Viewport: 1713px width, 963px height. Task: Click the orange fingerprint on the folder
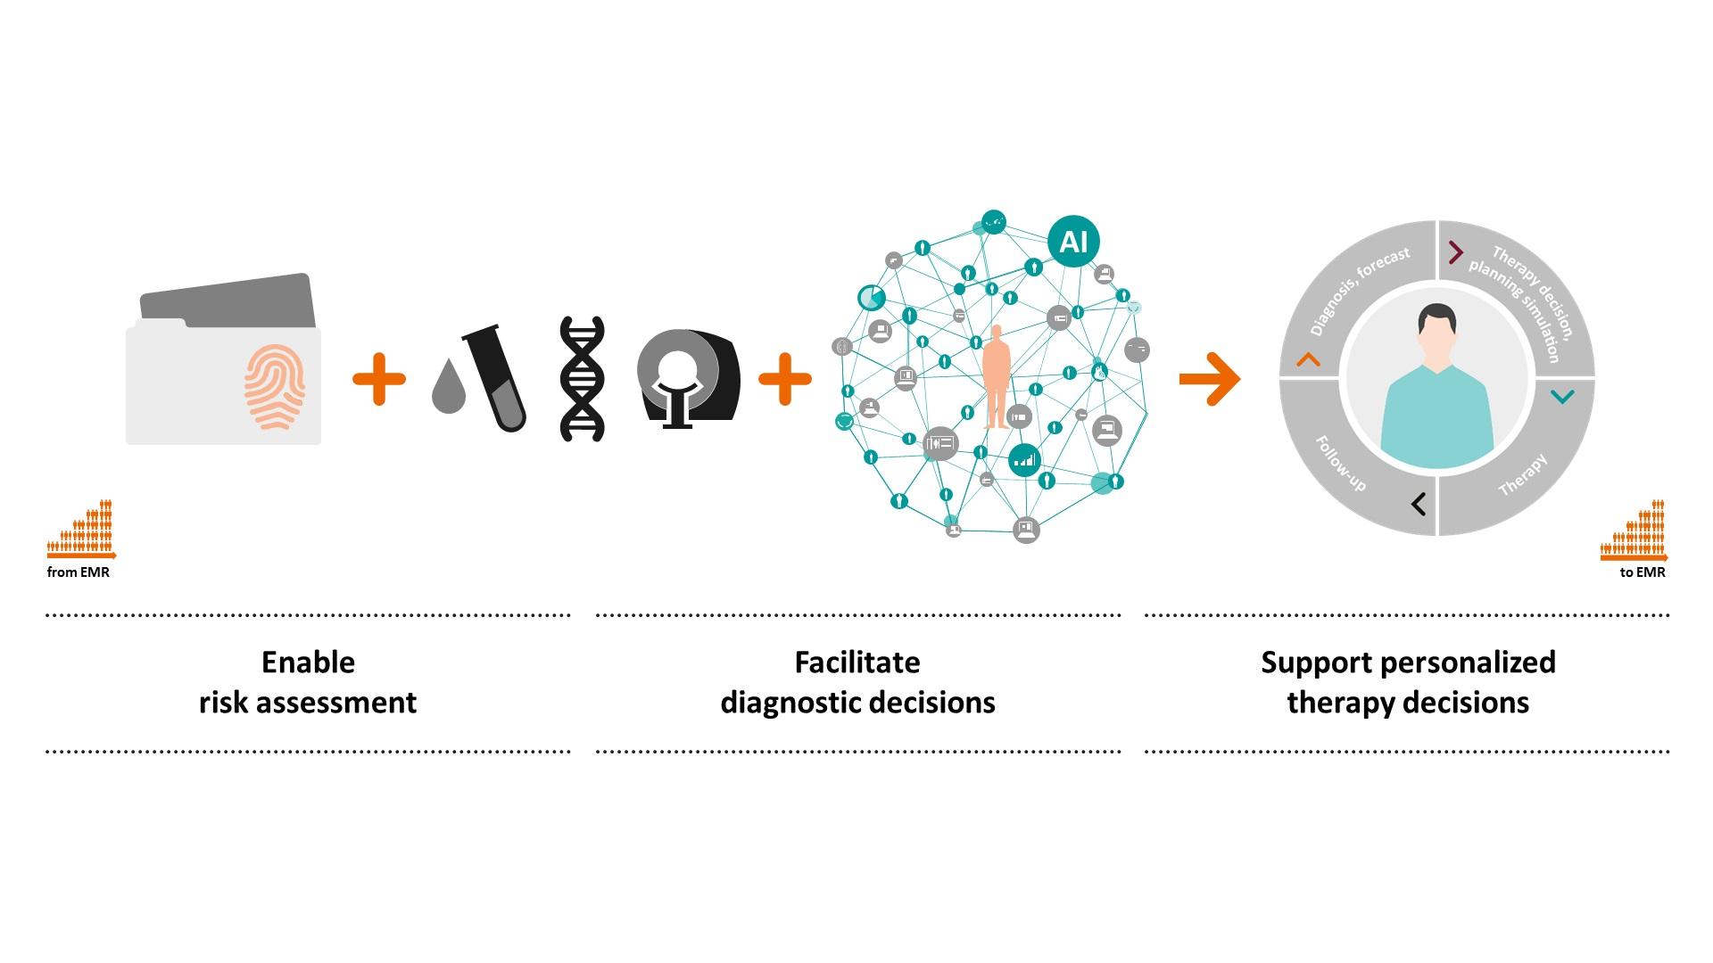(x=275, y=387)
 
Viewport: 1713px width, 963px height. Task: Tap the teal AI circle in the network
(x=1073, y=242)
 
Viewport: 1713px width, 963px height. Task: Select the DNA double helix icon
(x=582, y=379)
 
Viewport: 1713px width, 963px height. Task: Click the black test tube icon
(x=495, y=380)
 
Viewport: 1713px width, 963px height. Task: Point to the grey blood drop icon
(x=449, y=387)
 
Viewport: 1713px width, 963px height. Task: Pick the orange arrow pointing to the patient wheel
(x=1209, y=379)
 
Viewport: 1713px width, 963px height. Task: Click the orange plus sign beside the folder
(x=379, y=379)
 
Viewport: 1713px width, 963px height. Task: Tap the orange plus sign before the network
(x=785, y=379)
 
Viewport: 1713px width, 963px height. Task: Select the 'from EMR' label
(x=79, y=572)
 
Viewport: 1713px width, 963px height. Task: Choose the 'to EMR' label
(x=1643, y=572)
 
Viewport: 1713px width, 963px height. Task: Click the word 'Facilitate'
(x=857, y=663)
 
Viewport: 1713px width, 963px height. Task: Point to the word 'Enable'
(x=308, y=663)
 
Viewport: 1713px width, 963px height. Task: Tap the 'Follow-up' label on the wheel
(x=1340, y=464)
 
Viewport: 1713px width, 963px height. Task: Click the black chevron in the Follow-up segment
(x=1419, y=504)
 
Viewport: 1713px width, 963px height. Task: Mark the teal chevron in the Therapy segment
(x=1562, y=397)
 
